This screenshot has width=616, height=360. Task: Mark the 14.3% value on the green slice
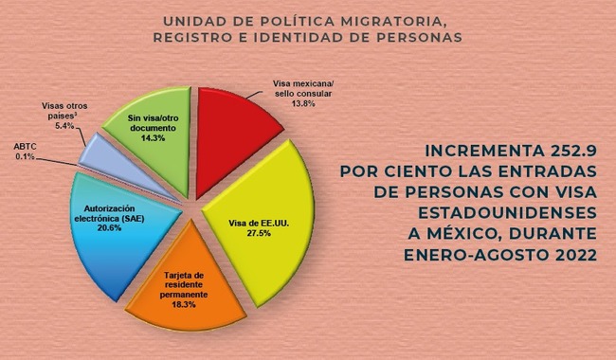coord(153,137)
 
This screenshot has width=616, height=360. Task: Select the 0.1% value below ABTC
coord(27,156)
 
